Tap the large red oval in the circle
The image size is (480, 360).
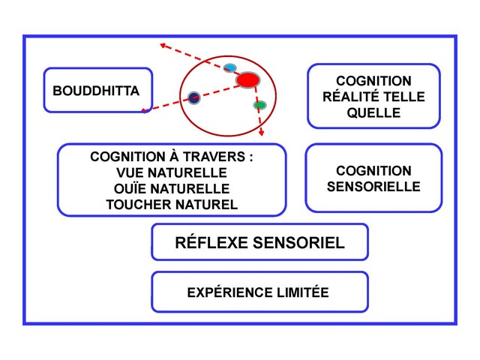tap(247, 79)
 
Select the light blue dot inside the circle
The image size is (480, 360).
tap(230, 68)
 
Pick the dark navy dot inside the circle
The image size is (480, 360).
tap(194, 97)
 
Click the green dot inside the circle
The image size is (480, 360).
tap(259, 105)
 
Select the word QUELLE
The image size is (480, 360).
tap(373, 113)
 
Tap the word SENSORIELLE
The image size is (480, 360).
tap(373, 187)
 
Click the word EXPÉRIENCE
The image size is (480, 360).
tap(226, 292)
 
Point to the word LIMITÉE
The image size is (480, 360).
tap(300, 292)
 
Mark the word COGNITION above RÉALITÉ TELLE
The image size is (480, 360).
tap(373, 80)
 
